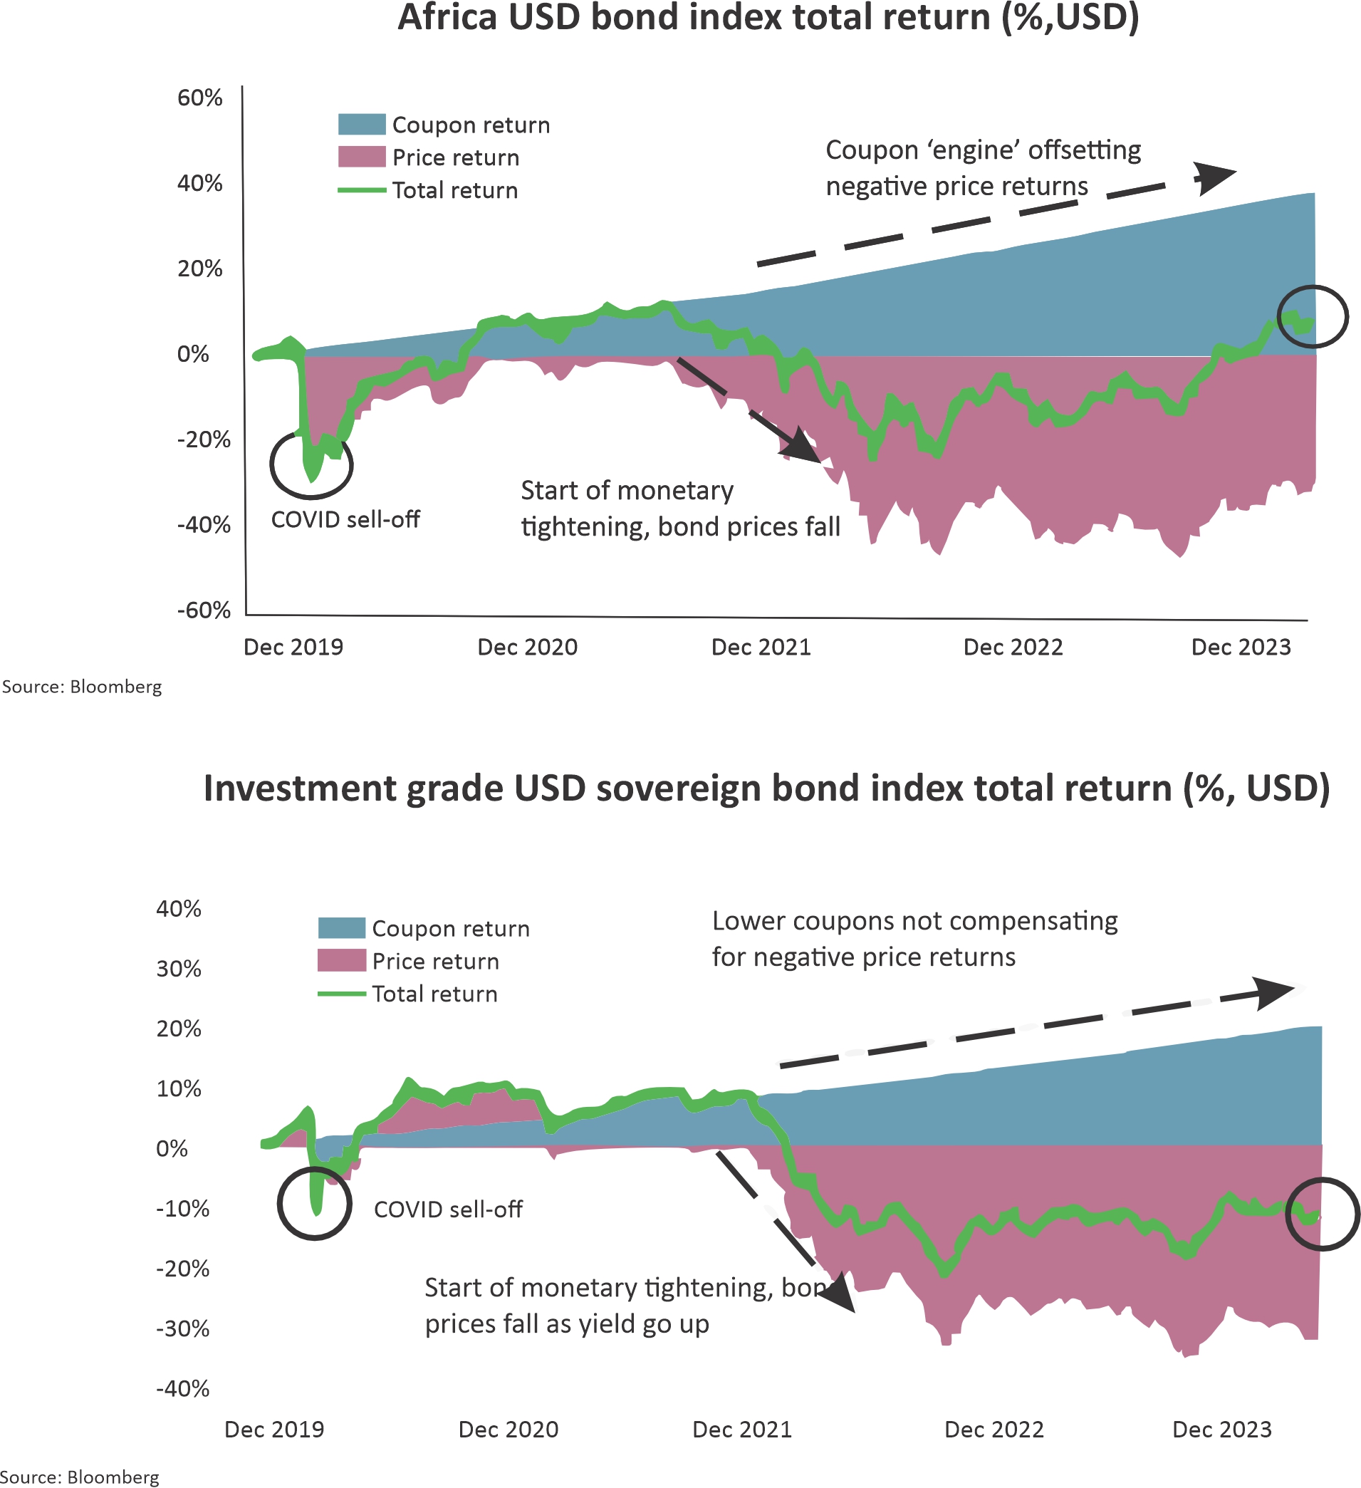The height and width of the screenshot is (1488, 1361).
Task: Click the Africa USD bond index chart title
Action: (x=768, y=18)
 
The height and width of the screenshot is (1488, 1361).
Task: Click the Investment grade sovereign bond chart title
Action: (x=767, y=789)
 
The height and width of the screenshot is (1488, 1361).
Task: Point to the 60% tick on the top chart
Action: (x=199, y=98)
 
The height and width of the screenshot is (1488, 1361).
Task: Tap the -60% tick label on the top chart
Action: (x=204, y=610)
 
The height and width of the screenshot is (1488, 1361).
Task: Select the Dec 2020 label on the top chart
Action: (x=527, y=647)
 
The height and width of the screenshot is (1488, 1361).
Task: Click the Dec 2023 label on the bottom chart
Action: (x=1221, y=1430)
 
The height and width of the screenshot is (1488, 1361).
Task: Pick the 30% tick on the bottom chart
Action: (x=179, y=969)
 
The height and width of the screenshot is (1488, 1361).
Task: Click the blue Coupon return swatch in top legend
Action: (x=362, y=124)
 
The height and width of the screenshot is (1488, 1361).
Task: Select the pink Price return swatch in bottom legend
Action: (x=341, y=960)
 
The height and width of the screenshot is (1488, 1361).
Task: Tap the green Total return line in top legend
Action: (x=362, y=190)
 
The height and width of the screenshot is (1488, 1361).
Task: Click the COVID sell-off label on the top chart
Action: (x=345, y=519)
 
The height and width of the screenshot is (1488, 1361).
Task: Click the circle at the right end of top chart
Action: (x=1313, y=316)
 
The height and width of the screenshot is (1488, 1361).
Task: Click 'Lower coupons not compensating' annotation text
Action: (x=914, y=921)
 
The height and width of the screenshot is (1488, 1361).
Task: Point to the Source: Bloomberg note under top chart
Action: (x=82, y=687)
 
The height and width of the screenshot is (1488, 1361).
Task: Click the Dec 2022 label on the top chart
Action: (x=1013, y=647)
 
